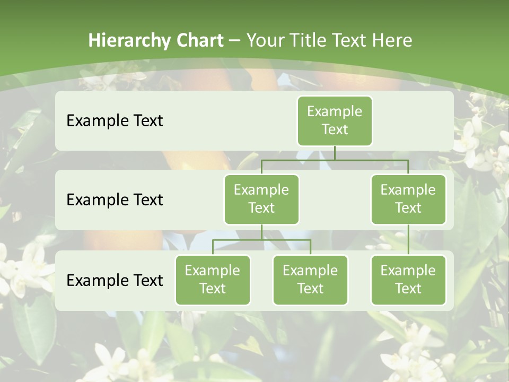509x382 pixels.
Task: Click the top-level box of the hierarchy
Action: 335,120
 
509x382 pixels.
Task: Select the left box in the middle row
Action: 261,199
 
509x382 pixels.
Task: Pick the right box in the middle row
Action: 408,199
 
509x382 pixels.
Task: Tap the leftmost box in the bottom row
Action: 213,280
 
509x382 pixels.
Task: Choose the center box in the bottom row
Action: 310,280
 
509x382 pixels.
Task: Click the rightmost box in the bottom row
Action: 408,280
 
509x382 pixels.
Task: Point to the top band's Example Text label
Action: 115,120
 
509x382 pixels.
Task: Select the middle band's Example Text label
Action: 115,199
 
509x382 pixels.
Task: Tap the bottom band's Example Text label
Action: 115,280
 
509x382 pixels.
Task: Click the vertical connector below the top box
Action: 335,153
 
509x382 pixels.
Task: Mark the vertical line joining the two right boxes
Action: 408,240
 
